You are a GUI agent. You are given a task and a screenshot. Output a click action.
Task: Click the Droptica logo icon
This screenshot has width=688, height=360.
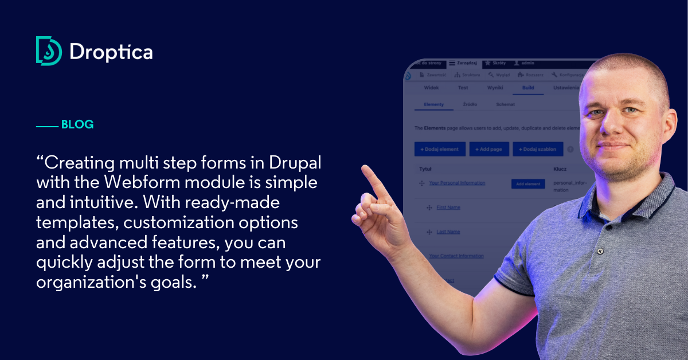click(48, 51)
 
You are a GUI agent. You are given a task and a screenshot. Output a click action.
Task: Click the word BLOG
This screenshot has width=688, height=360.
click(77, 124)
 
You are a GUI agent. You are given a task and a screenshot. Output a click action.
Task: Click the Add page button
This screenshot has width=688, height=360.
click(489, 149)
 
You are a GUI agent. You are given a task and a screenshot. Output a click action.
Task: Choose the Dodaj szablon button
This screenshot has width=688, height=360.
click(538, 149)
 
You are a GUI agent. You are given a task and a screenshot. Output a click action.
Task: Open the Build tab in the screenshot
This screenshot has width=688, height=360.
click(527, 88)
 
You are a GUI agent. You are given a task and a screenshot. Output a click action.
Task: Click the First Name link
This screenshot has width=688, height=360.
click(448, 208)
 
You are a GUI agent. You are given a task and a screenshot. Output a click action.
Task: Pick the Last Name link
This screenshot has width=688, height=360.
click(448, 232)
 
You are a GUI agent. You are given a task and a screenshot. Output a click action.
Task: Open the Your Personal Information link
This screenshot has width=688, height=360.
click(457, 183)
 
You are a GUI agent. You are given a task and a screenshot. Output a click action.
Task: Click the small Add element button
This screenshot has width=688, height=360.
click(528, 184)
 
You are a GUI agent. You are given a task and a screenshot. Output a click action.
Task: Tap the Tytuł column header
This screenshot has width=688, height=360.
click(425, 169)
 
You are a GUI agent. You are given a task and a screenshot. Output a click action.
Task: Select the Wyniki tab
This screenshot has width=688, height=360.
click(495, 88)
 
